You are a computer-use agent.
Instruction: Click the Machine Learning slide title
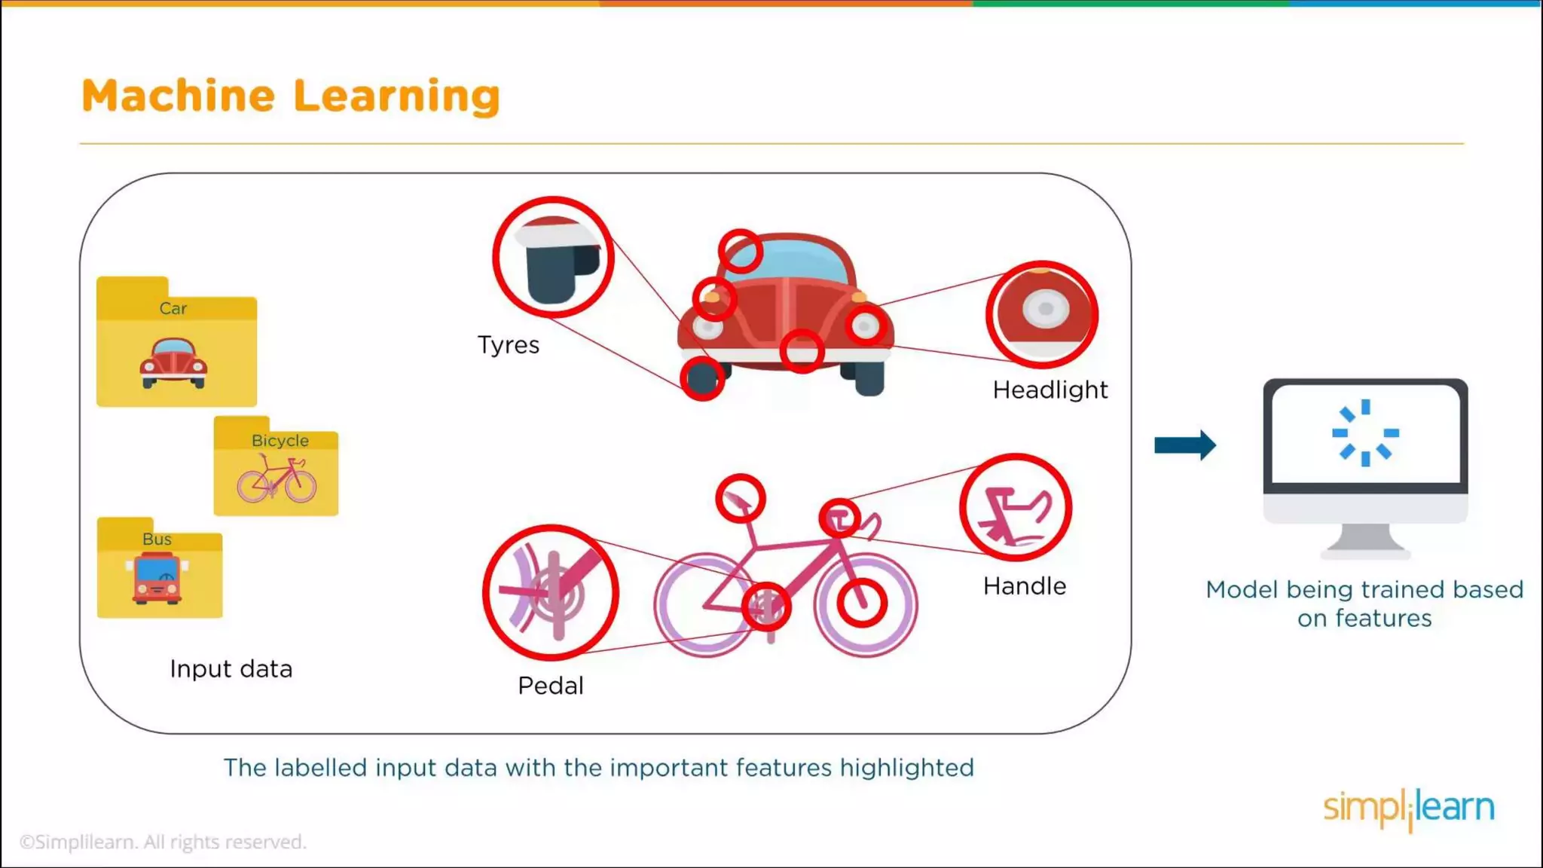290,96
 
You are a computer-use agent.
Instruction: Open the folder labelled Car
176,343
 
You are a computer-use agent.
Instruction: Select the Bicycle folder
276,467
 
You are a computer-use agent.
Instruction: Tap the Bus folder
160,569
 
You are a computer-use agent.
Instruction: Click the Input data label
231,669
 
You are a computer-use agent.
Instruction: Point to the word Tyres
509,345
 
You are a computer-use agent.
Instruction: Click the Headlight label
1050,390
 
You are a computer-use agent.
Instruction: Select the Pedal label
550,686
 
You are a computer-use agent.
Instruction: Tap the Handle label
1024,586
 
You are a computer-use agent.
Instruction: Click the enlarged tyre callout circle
553,258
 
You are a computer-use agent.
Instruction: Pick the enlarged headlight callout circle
1042,314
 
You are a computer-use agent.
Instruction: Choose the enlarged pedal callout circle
551,592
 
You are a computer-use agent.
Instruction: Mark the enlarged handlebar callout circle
1016,507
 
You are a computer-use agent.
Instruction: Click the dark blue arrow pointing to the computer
1184,445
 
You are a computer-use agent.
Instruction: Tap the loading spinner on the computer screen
1365,433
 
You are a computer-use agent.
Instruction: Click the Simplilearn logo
1408,808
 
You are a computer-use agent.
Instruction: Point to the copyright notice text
163,842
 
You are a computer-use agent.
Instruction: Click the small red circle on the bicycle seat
741,499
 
